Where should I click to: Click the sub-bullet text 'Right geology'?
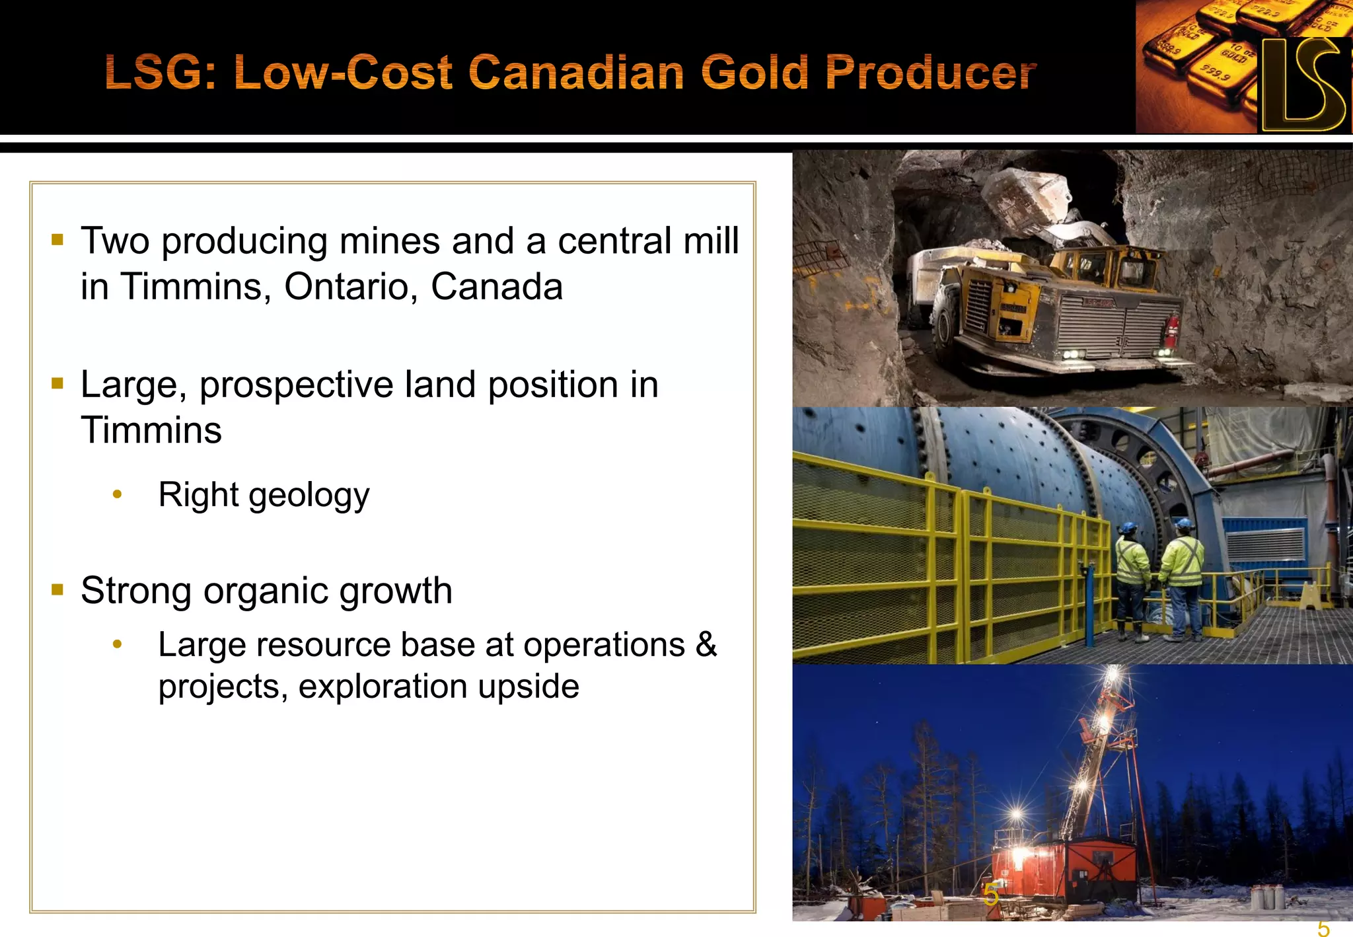coord(264,495)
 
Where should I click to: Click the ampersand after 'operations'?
coord(706,644)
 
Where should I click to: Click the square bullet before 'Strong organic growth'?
coord(57,589)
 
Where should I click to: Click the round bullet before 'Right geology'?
coord(117,494)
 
